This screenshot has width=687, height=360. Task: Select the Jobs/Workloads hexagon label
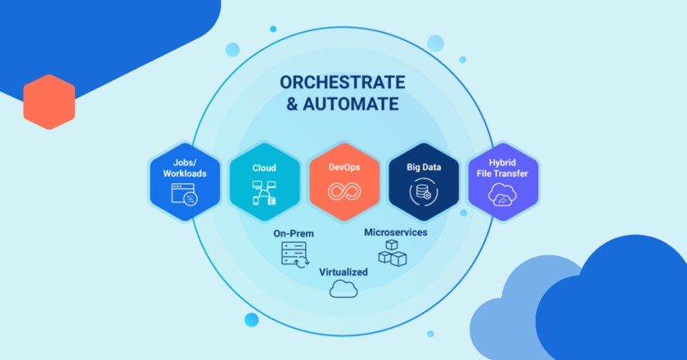click(184, 168)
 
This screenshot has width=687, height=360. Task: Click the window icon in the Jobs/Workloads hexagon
click(184, 196)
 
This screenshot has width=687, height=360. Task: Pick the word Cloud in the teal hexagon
click(264, 168)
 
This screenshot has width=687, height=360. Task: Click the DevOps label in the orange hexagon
click(344, 168)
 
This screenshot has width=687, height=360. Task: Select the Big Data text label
click(424, 168)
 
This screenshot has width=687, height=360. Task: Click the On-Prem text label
click(294, 234)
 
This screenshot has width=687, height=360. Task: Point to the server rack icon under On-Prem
click(294, 255)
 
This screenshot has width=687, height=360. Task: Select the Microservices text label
click(395, 232)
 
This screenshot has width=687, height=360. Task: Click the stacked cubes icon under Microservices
click(393, 254)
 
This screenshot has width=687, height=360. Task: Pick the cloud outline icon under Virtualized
click(343, 289)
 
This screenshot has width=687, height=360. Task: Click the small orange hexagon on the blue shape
click(49, 101)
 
